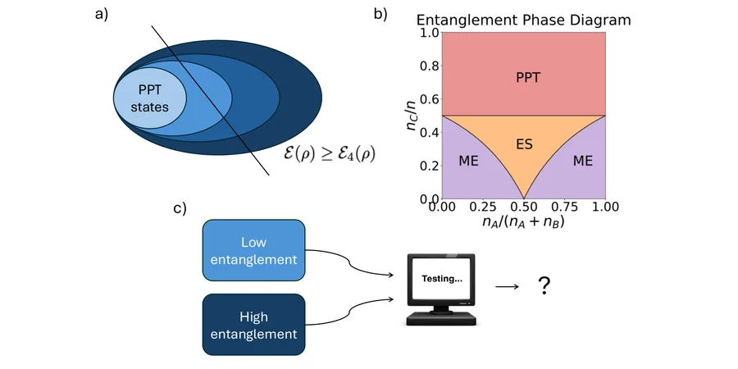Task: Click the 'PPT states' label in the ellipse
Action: click(x=150, y=98)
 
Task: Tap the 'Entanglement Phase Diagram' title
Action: click(x=523, y=20)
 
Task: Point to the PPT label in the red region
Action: click(x=527, y=78)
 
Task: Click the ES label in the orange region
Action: click(x=524, y=144)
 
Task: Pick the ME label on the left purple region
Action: click(x=468, y=161)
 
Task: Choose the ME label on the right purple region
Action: click(x=583, y=161)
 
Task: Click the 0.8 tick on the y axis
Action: click(x=429, y=66)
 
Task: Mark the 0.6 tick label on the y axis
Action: click(x=429, y=99)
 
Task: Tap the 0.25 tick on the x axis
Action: click(x=482, y=207)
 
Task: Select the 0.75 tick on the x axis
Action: click(x=564, y=207)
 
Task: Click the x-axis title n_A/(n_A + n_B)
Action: click(x=523, y=221)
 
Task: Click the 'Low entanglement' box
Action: click(x=253, y=250)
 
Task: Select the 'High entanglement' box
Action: click(x=253, y=325)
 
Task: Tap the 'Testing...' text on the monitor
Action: click(x=441, y=279)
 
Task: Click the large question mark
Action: click(x=544, y=285)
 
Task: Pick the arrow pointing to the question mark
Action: click(x=508, y=286)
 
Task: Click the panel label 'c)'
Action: click(x=180, y=207)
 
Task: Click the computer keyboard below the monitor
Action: click(x=441, y=320)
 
